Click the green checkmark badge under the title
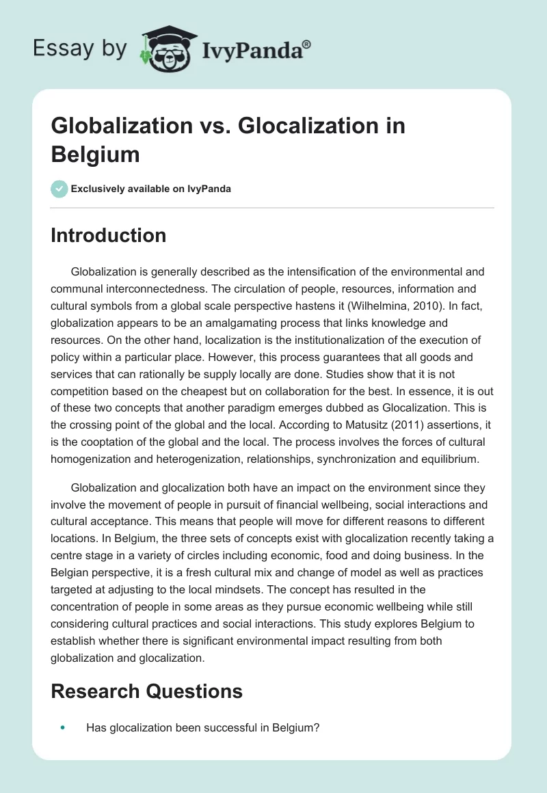coord(59,189)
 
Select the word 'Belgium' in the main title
coord(95,154)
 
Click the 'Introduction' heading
coord(109,235)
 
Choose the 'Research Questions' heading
coord(147,691)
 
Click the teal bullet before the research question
coord(63,728)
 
